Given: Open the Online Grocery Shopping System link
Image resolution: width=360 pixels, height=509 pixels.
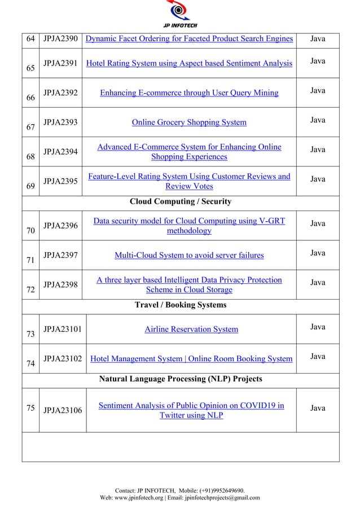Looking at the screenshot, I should (188, 122).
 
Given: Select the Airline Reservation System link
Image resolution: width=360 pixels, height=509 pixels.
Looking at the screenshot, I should (191, 329).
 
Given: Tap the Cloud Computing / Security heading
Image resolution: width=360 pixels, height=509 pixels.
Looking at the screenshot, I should (181, 201).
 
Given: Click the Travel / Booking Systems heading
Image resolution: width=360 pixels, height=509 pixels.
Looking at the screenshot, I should (181, 305).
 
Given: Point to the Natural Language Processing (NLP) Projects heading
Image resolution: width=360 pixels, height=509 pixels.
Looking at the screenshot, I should (181, 379).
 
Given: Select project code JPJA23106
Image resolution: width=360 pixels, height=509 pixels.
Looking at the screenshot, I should (62, 411).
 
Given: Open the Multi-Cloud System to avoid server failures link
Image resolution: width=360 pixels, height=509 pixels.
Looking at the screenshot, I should (189, 256).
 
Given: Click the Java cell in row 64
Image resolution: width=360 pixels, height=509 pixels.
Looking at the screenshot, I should (318, 38).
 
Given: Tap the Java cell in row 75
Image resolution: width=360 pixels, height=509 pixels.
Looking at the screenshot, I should (318, 407).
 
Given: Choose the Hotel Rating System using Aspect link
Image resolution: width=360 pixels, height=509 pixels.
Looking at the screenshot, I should (188, 63).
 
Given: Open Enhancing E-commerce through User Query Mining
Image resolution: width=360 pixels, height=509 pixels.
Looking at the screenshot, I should (188, 93).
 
